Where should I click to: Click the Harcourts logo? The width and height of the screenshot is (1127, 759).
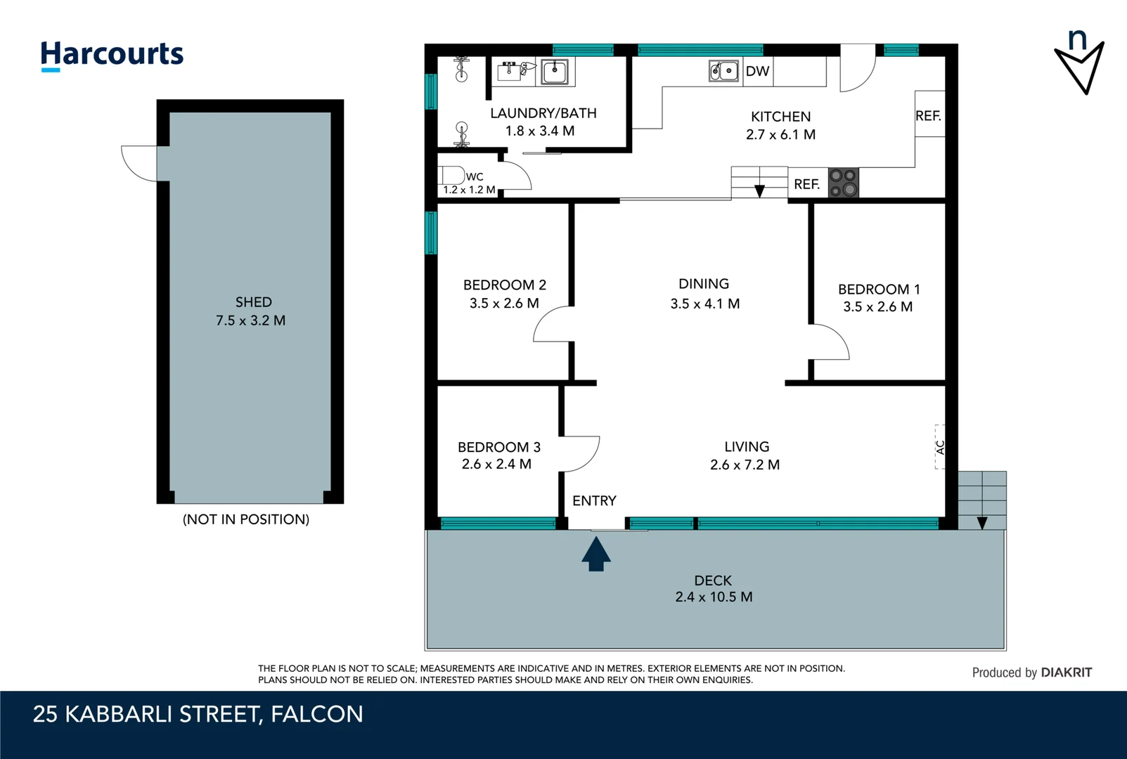[112, 55]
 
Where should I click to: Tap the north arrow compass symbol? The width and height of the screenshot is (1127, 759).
[1079, 63]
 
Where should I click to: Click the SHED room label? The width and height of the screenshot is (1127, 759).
[253, 302]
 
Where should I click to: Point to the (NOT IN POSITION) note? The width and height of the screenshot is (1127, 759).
[246, 519]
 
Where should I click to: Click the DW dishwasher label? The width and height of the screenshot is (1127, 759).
[757, 71]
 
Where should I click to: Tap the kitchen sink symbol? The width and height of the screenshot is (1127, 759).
[723, 71]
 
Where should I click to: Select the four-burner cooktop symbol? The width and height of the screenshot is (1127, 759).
[843, 183]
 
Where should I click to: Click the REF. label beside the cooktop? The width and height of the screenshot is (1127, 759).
[807, 184]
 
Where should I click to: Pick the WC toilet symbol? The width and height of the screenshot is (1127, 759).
[451, 175]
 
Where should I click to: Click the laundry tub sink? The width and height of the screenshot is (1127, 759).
[555, 71]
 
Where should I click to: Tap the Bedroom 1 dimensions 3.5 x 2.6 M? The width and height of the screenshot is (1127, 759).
[877, 307]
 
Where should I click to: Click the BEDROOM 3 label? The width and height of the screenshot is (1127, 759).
[498, 447]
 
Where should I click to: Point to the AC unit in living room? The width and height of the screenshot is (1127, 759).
[940, 447]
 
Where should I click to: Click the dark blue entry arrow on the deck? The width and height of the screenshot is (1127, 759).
[596, 554]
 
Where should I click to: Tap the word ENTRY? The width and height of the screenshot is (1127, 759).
[594, 501]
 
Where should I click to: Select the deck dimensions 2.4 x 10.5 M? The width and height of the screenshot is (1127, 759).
[714, 597]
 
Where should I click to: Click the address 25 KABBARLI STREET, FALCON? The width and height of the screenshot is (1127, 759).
[198, 714]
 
